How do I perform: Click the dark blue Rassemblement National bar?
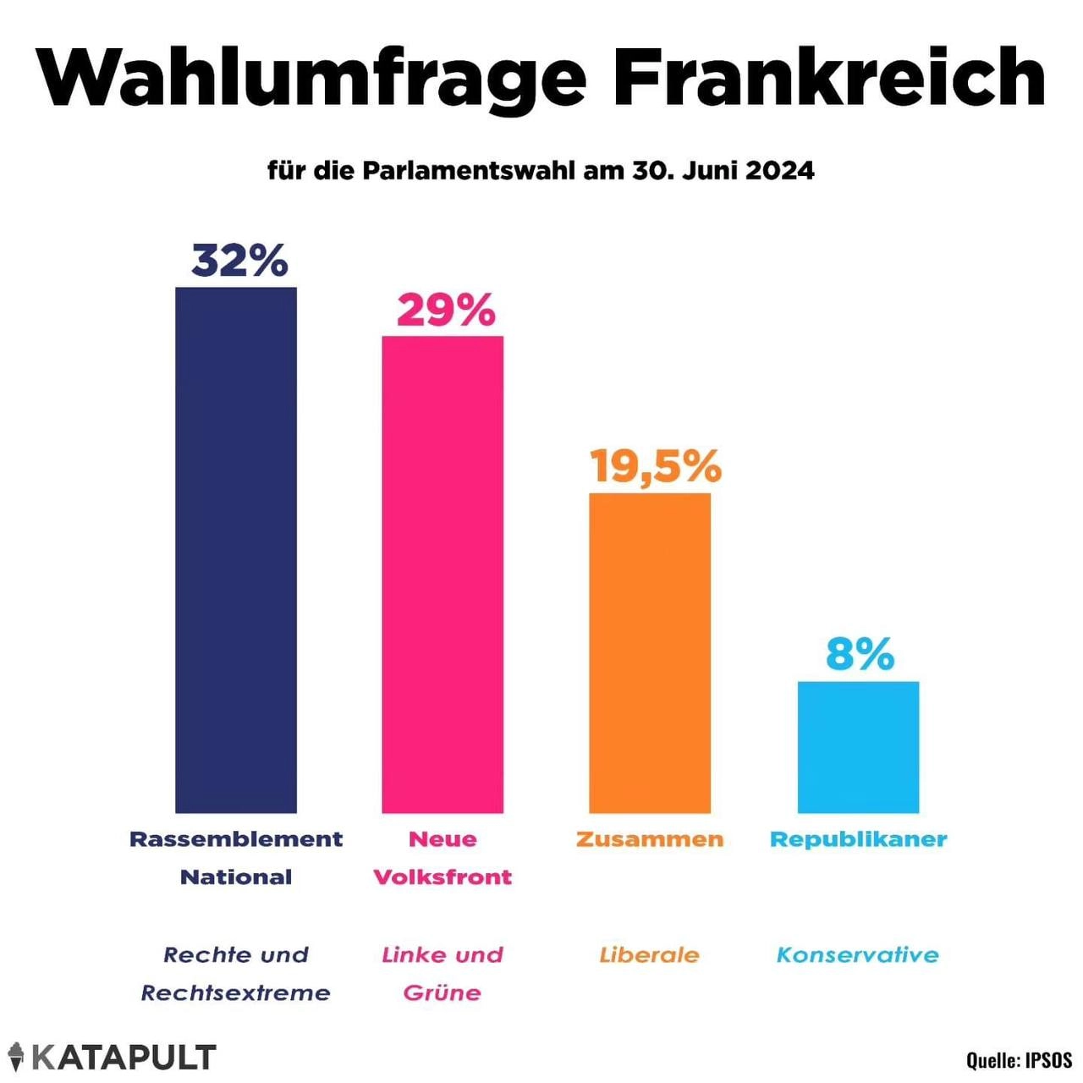point(236,550)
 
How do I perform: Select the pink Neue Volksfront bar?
point(443,574)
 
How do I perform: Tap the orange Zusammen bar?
point(650,652)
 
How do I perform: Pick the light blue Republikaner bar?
point(858,747)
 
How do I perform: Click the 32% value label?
point(239,261)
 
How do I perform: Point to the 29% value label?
point(446,311)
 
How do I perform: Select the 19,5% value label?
point(656,466)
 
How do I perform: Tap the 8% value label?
point(860,654)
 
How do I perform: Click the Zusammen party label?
point(650,839)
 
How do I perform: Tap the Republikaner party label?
point(858,839)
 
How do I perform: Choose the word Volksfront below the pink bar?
point(443,877)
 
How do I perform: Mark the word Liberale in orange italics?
point(649,955)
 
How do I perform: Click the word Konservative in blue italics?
point(857,955)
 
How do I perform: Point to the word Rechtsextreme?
point(235,992)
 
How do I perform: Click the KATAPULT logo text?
point(124,1058)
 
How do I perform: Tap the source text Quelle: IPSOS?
point(1019,1059)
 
